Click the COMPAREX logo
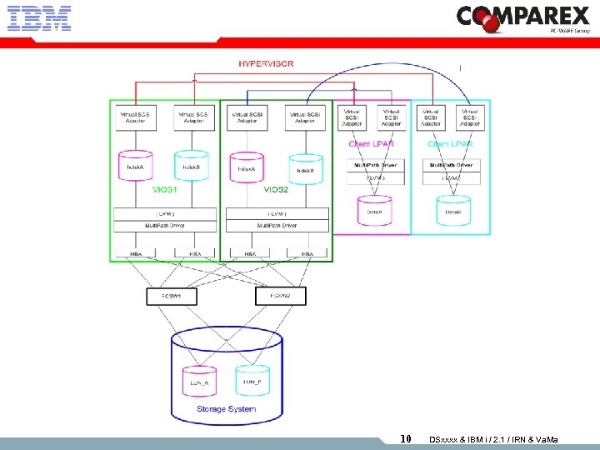[x=522, y=18]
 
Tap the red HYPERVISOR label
[x=266, y=64]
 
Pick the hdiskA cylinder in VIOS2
[x=246, y=166]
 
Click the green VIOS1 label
[x=164, y=189]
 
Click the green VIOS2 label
[x=276, y=189]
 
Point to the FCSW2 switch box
[x=278, y=296]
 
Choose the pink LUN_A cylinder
[x=199, y=380]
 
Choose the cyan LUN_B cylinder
[x=252, y=380]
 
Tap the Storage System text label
[x=226, y=409]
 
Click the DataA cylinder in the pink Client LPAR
[x=374, y=210]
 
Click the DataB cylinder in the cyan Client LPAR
[x=452, y=210]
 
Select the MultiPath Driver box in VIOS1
[x=164, y=226]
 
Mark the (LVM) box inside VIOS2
[x=276, y=214]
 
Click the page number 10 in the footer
[x=406, y=439]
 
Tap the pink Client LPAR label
[x=372, y=144]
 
